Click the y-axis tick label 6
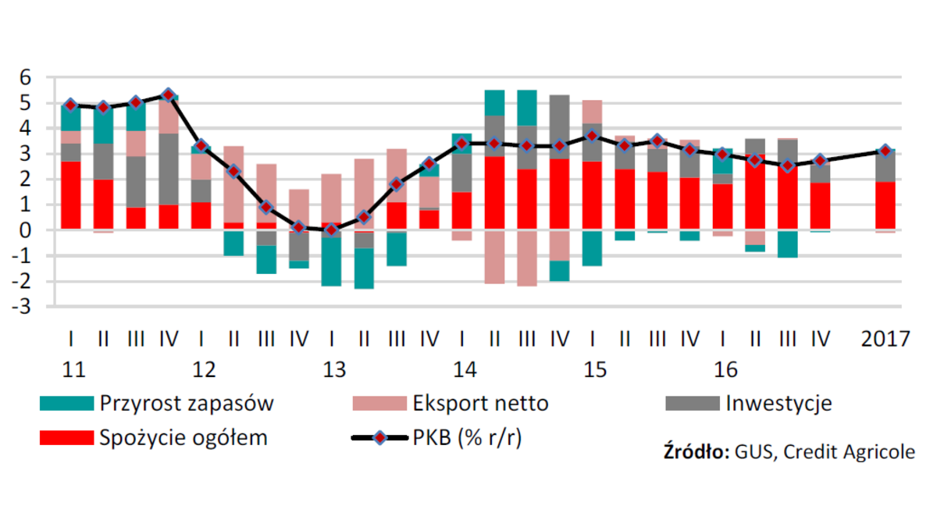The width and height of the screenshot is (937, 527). pos(25,77)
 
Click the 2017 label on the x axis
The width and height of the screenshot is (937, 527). pos(885,340)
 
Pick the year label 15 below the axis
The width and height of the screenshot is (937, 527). pos(595,369)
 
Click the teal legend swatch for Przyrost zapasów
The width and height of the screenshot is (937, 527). pos(66,404)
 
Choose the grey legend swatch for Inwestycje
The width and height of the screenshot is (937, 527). pos(692,404)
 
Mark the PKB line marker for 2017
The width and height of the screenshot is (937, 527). pos(884,151)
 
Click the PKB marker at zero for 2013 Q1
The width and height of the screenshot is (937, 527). pos(331,230)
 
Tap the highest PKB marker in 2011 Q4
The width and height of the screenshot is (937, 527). pos(168,95)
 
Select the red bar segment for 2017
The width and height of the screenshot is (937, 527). pos(884,205)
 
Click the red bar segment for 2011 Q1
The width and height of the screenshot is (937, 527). pos(71,195)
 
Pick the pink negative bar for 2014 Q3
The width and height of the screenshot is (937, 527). pos(526,258)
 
